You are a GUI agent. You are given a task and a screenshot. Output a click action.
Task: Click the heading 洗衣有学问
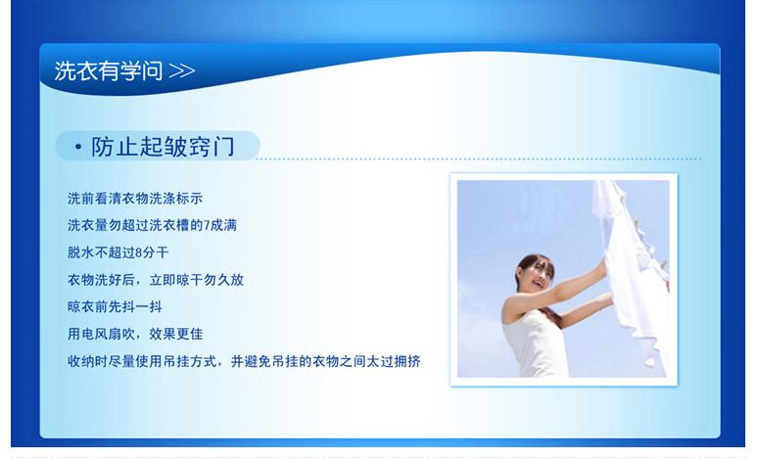pyautogui.click(x=109, y=71)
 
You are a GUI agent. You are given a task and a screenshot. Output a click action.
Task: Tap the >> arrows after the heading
pyautogui.click(x=182, y=71)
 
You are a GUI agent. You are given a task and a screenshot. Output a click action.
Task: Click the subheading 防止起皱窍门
pyautogui.click(x=163, y=147)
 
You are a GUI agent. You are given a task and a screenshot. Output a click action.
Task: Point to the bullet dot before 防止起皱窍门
pyautogui.click(x=78, y=148)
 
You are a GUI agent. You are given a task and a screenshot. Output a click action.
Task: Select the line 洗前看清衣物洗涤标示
pyautogui.click(x=135, y=199)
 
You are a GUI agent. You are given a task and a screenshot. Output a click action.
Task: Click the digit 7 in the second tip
pyautogui.click(x=207, y=226)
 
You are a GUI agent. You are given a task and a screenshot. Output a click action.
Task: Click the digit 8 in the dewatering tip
pyautogui.click(x=139, y=252)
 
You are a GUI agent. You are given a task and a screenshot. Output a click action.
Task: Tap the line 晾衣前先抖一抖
pyautogui.click(x=115, y=306)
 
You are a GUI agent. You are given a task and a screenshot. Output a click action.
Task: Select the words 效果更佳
pyautogui.click(x=175, y=334)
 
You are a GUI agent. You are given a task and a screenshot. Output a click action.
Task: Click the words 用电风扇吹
pyautogui.click(x=101, y=334)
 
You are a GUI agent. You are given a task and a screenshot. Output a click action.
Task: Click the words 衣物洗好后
pyautogui.click(x=101, y=280)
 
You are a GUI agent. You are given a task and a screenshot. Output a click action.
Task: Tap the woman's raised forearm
pyautogui.click(x=580, y=278)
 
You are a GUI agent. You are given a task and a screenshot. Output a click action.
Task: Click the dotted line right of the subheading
pyautogui.click(x=479, y=159)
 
